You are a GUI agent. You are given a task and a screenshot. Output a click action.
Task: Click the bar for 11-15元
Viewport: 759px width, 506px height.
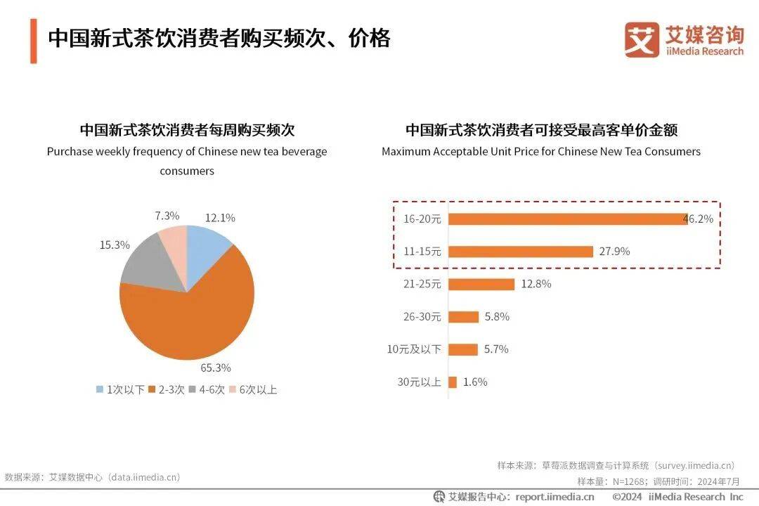[x=521, y=252]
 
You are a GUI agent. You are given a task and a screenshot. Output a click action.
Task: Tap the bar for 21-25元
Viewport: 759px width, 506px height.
[x=481, y=284]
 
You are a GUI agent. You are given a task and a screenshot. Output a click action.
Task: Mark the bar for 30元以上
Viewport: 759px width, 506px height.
[x=453, y=382]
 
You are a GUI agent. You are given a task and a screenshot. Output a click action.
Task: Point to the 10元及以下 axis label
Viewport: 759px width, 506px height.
[x=414, y=349]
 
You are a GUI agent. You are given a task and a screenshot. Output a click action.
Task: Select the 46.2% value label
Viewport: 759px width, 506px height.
[x=699, y=219]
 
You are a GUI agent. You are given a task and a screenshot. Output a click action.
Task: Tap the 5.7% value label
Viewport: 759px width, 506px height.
[x=496, y=349]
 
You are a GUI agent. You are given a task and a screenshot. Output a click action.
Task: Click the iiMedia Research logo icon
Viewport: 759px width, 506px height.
[x=642, y=39]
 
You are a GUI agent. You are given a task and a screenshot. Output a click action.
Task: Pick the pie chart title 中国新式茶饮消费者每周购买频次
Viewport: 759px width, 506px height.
[x=186, y=130]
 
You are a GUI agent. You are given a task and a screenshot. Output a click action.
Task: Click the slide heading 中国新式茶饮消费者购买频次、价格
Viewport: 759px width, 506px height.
[x=219, y=38]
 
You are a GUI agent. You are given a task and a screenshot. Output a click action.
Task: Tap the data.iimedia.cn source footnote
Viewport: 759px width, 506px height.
[x=92, y=476]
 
